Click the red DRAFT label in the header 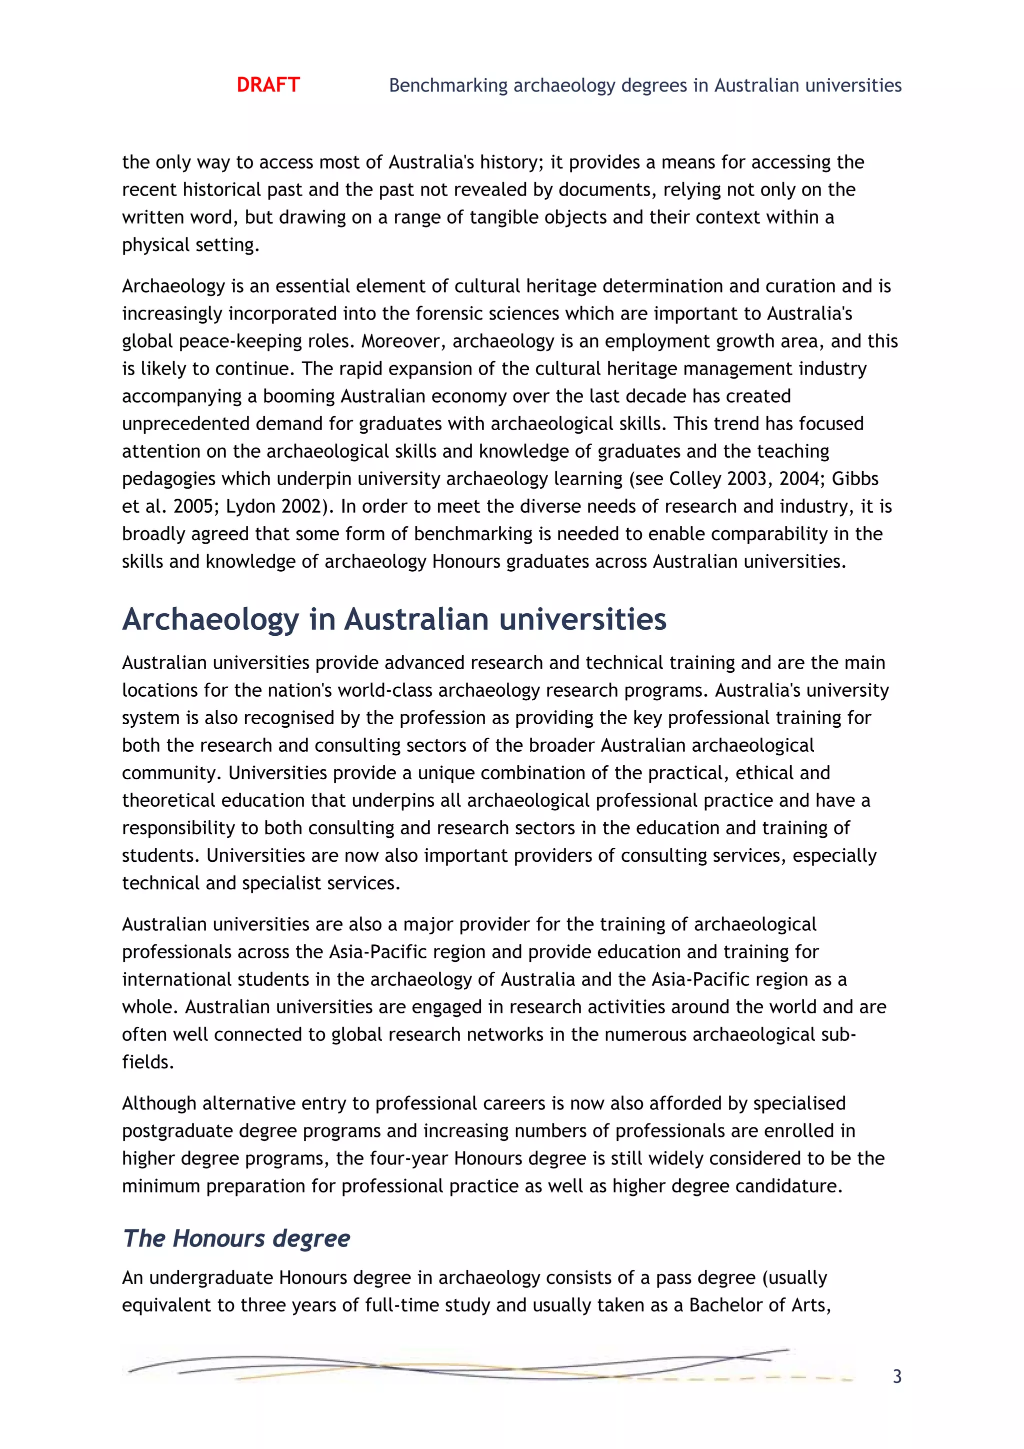pos(267,85)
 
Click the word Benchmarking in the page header pos(448,85)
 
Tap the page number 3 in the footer pos(896,1376)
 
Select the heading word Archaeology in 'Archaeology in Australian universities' pos(210,619)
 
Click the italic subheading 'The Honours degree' pos(236,1238)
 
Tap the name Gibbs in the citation pos(854,479)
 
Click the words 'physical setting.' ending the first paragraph pos(190,245)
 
